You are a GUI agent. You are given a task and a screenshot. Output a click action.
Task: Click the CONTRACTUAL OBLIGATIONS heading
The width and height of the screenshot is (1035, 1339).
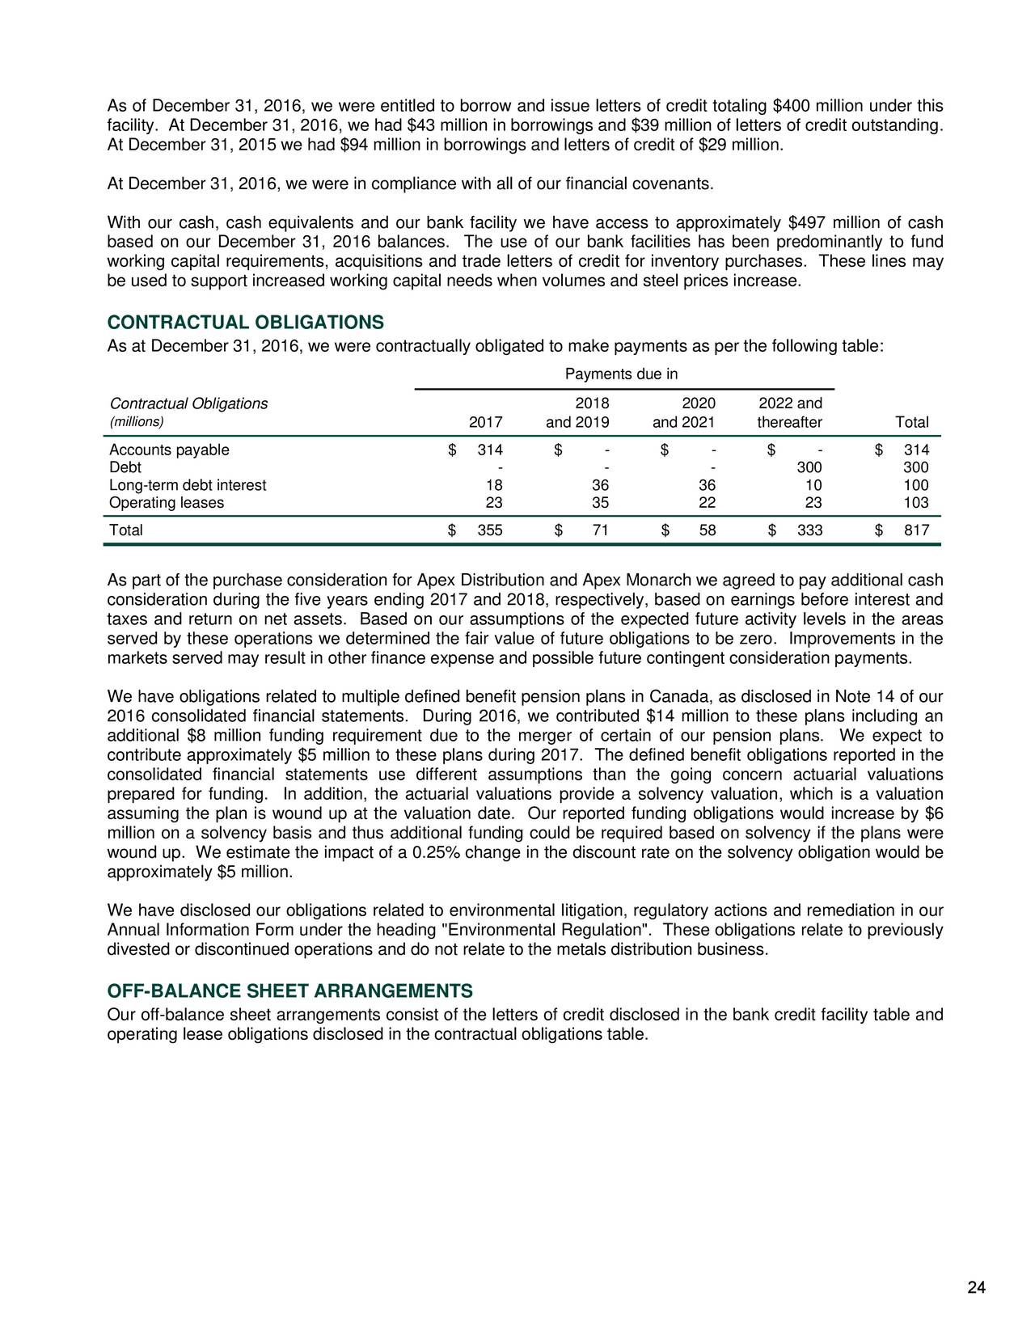(245, 323)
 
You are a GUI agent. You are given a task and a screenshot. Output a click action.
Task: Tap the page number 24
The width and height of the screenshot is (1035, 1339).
(977, 1288)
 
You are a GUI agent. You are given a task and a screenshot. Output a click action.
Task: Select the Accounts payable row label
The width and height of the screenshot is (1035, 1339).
(169, 450)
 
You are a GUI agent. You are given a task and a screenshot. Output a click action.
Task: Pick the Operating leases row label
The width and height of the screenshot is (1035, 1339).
(167, 503)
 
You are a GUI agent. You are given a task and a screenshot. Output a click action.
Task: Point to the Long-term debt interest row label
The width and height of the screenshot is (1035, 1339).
(187, 485)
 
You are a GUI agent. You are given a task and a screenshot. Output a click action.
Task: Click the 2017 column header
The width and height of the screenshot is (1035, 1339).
(486, 423)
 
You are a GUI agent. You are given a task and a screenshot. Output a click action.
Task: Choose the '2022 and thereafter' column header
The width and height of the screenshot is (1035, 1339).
(790, 413)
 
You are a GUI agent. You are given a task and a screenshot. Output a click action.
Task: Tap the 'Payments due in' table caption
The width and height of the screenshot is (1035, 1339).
(621, 374)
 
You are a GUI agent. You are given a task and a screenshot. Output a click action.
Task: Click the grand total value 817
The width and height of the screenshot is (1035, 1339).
(916, 530)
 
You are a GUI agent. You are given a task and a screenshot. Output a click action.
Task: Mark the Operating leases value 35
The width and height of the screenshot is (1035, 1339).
(600, 503)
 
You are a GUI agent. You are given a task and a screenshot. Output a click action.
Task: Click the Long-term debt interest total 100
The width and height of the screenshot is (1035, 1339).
(916, 485)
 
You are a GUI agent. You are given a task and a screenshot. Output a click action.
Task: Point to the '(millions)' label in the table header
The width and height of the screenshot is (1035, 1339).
(137, 422)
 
